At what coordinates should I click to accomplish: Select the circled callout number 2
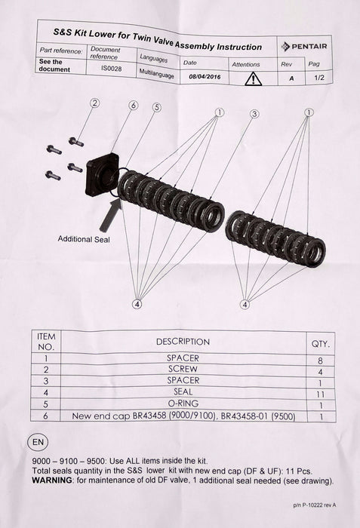(95, 103)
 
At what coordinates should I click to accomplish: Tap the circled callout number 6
(134, 106)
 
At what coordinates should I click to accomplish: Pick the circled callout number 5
(155, 107)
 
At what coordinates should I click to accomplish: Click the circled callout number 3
(254, 113)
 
